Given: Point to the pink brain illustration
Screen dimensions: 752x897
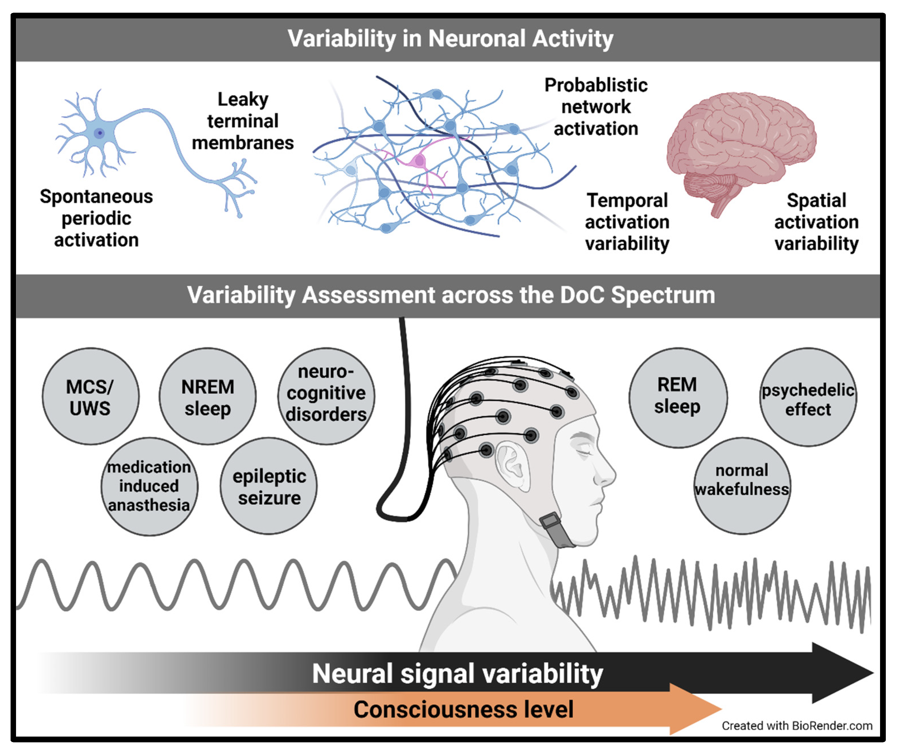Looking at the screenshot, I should click(741, 145).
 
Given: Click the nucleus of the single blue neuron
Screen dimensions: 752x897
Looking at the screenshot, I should click(100, 133).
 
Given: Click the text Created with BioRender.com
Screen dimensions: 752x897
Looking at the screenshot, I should click(797, 726).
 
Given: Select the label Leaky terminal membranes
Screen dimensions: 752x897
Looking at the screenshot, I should click(243, 121).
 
